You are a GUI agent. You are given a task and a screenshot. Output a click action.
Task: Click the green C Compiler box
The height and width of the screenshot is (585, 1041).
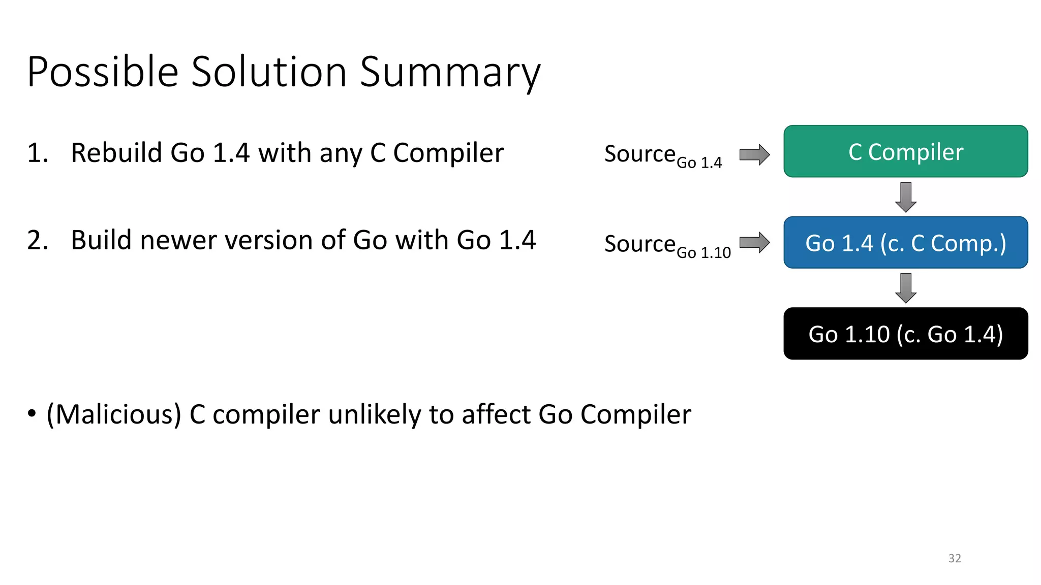pyautogui.click(x=905, y=151)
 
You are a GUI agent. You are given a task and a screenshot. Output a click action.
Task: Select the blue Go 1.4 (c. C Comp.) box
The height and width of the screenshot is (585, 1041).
pyautogui.click(x=905, y=243)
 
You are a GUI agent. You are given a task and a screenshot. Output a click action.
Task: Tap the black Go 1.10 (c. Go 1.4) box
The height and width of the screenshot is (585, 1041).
pyautogui.click(x=905, y=334)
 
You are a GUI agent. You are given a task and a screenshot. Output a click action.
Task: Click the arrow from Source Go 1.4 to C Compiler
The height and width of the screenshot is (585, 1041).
pyautogui.click(x=754, y=154)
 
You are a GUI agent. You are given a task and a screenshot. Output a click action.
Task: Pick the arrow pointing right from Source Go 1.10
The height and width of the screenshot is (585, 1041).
pyautogui.click(x=754, y=242)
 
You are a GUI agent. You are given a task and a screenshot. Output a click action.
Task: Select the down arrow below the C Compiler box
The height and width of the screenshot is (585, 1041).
pyautogui.click(x=906, y=197)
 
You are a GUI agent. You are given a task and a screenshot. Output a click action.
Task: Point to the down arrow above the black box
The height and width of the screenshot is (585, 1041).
pyautogui.click(x=906, y=288)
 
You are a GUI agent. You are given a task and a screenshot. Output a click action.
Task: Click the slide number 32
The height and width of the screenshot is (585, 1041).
pyautogui.click(x=955, y=558)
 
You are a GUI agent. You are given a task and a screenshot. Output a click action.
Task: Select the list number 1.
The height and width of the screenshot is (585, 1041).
pyautogui.click(x=37, y=153)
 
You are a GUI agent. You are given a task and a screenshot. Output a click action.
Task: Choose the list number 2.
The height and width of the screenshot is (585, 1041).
pyautogui.click(x=37, y=240)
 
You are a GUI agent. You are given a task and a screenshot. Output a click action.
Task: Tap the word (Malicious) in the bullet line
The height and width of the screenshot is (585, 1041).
pyautogui.click(x=114, y=414)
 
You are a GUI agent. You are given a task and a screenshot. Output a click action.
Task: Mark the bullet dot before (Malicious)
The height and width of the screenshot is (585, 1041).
pyautogui.click(x=32, y=413)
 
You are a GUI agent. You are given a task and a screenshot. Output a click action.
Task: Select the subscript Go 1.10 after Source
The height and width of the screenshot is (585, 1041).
pyautogui.click(x=703, y=252)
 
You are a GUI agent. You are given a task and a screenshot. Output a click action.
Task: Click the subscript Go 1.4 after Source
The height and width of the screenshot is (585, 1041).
pyautogui.click(x=699, y=162)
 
